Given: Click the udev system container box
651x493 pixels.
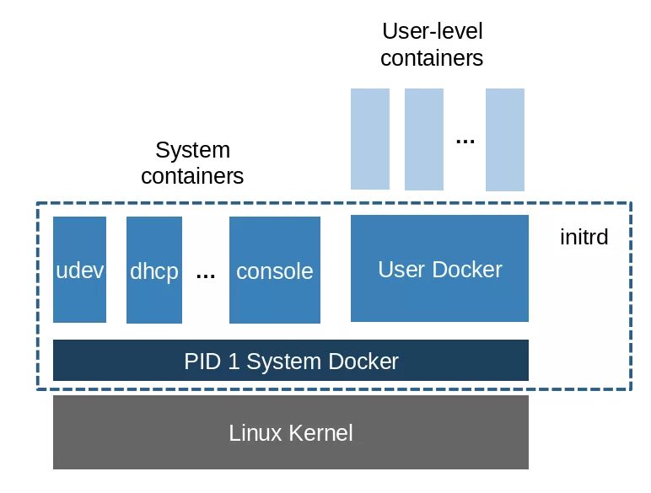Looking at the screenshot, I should tap(79, 270).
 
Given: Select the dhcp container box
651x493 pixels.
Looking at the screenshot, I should tap(154, 271).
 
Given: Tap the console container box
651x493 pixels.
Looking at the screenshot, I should tap(275, 271).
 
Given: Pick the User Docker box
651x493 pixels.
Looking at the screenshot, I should tap(439, 269).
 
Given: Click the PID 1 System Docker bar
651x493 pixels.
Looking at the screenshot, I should tap(291, 361).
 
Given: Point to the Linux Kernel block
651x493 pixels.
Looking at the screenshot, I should tap(291, 432).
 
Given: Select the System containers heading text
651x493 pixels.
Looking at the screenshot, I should tap(192, 163).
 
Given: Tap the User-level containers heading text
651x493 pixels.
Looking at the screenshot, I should tap(432, 45).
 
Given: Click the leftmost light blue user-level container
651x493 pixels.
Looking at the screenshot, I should tap(370, 138).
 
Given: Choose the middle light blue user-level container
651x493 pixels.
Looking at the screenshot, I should tap(423, 138).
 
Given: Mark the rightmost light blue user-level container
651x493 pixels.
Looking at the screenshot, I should tap(504, 138).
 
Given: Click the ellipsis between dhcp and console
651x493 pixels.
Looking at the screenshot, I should tap(206, 273).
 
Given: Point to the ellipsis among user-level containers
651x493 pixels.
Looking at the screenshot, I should tap(465, 140).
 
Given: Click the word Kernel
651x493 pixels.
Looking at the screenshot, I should tap(322, 434).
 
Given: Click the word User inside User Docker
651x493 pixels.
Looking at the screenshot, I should tap(401, 270).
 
